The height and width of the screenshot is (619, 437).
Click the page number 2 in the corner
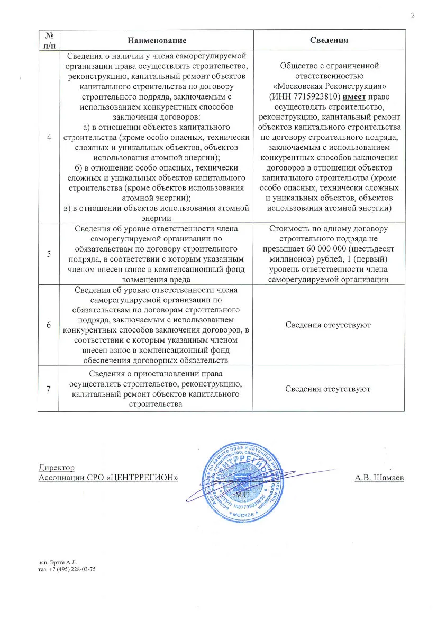[413, 15]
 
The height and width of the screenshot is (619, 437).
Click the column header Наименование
[157, 40]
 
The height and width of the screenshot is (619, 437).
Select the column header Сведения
[329, 40]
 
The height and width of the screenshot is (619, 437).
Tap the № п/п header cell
[49, 40]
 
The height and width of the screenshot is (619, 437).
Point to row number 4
[49, 137]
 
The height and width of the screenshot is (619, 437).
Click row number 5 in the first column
[49, 254]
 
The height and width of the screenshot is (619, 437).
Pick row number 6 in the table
[49, 325]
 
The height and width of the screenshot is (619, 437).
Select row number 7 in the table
[49, 389]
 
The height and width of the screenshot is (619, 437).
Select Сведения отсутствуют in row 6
[328, 325]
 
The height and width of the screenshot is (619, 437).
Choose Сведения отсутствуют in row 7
[328, 389]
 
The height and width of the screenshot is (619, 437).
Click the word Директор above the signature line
[57, 468]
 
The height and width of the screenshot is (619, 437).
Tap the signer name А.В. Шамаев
[379, 478]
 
